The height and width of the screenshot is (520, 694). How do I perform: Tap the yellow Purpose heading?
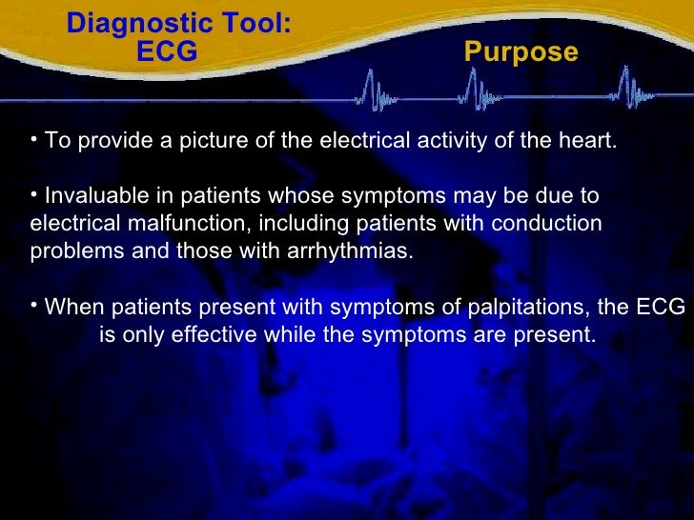pos(520,52)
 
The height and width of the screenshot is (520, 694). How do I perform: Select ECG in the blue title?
pos(167,52)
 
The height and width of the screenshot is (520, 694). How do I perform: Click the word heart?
pos(587,142)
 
